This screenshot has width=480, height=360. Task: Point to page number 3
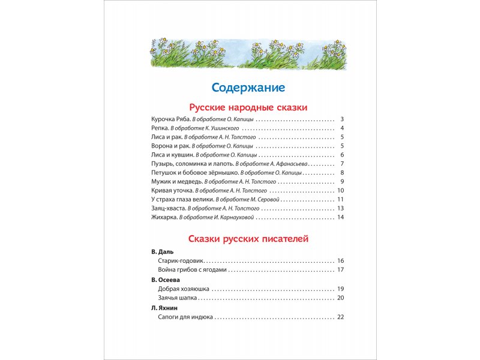341,119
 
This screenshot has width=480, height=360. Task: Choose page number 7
341,164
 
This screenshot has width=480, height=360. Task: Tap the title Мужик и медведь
177,181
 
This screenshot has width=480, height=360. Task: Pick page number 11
340,199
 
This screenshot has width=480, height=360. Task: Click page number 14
340,217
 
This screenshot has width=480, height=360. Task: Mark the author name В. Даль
161,253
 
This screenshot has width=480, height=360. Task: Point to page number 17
340,270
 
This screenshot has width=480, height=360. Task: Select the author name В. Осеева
166,280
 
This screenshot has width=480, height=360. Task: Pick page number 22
340,316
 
